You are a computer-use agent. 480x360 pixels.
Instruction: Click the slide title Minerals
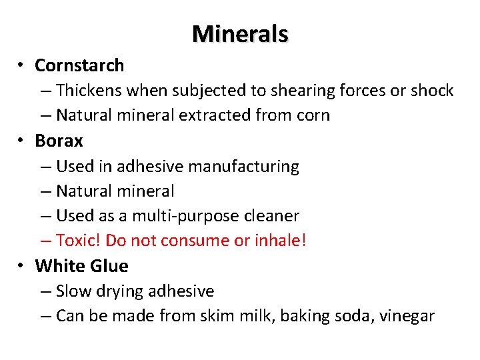[240, 33]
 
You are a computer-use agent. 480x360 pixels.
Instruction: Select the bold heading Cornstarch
[79, 65]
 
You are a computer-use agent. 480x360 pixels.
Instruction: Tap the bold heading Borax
[59, 141]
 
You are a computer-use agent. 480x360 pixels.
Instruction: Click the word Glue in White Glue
[108, 266]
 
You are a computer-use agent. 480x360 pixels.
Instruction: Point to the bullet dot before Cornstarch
[21, 65]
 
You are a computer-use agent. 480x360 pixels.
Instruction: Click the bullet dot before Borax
[21, 141]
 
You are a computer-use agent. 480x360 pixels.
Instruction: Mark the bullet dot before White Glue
[21, 266]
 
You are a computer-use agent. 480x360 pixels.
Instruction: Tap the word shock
[432, 91]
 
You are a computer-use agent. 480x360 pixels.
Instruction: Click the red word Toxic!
[79, 241]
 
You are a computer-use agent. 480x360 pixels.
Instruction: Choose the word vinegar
[408, 316]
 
